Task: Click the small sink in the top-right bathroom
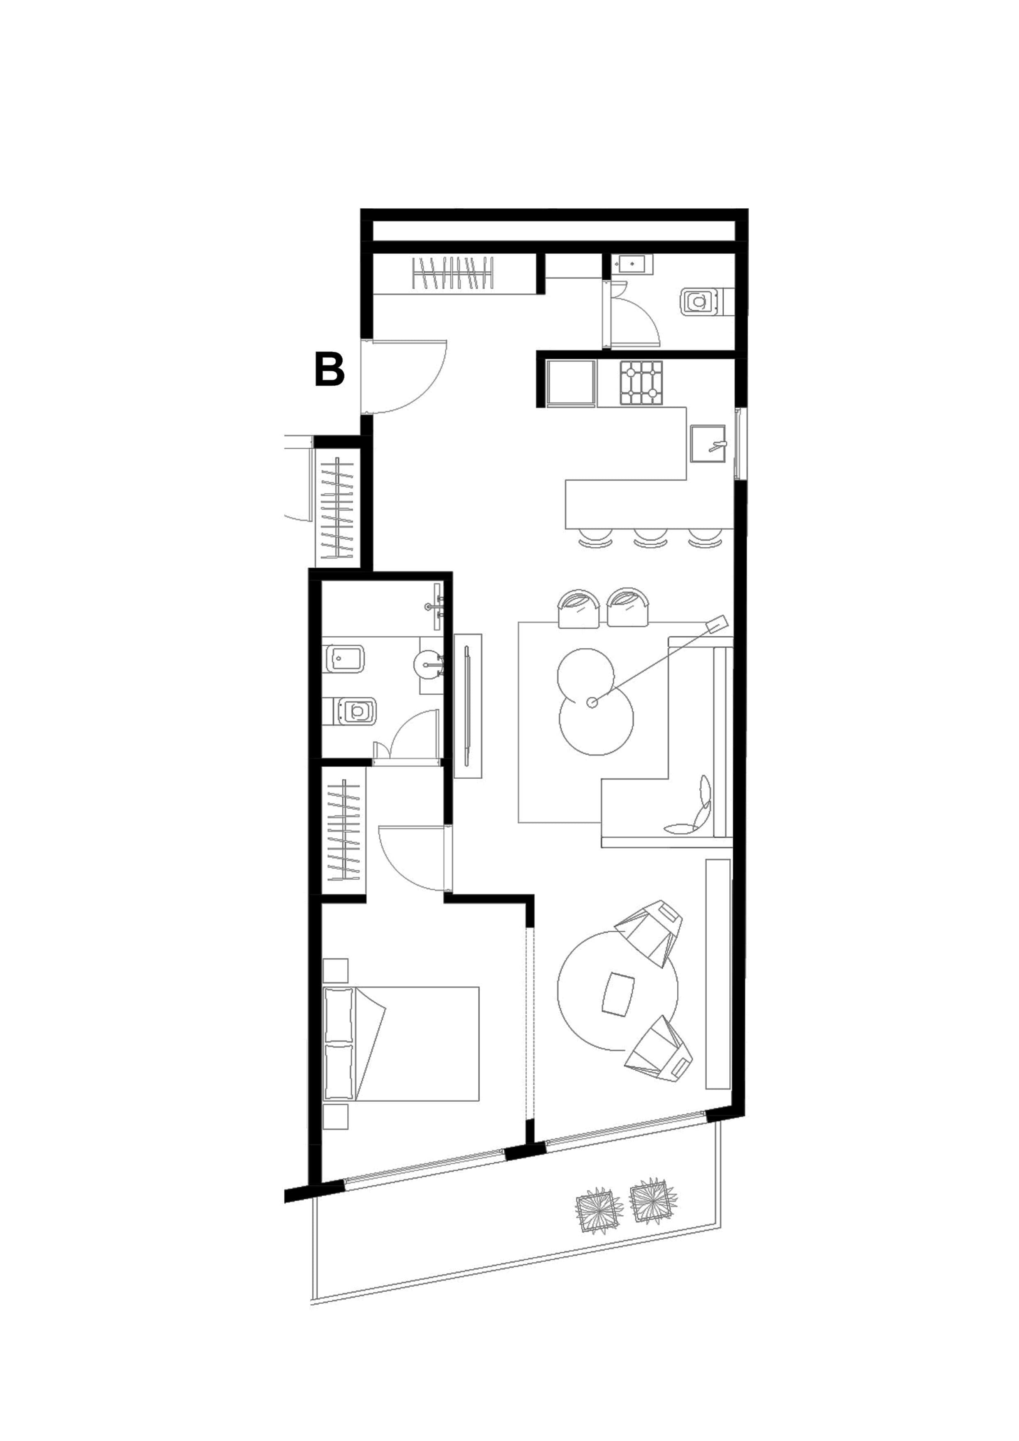tap(631, 264)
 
